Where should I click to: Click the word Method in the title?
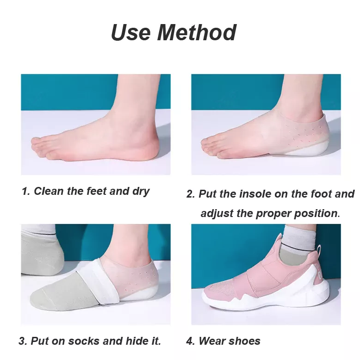(x=197, y=32)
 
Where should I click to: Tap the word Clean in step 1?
(x=49, y=191)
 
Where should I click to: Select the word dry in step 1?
(x=141, y=191)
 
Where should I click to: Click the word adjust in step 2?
(x=217, y=213)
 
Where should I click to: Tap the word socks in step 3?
(x=84, y=341)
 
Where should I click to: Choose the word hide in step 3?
(x=137, y=341)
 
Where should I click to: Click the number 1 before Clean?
(x=25, y=191)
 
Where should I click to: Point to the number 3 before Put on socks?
(x=22, y=341)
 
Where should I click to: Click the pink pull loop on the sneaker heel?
(x=319, y=253)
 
